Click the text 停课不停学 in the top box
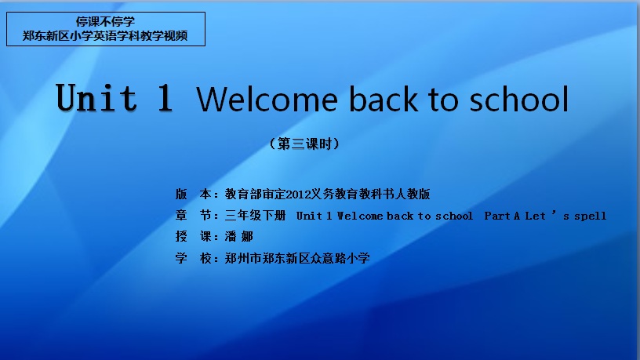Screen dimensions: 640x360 click(105, 21)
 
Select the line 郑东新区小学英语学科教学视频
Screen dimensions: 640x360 click(105, 36)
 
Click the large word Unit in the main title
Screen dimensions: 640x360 click(96, 97)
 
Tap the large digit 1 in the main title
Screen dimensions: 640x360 click(165, 97)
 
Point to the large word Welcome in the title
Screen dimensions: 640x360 click(267, 99)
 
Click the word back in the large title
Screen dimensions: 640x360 click(384, 99)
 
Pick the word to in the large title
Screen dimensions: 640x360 click(443, 100)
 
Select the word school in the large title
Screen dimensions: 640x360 click(518, 99)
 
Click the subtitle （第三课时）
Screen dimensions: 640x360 click(304, 144)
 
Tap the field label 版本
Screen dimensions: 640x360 click(194, 194)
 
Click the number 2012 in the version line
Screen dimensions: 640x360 click(298, 195)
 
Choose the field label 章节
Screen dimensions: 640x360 click(194, 215)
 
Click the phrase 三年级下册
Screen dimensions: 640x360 click(255, 215)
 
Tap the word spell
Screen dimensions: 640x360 click(591, 216)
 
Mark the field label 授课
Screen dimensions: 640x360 click(194, 236)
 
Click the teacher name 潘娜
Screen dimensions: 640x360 click(239, 236)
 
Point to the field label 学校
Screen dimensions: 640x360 click(194, 258)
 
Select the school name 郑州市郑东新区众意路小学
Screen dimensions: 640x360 click(297, 258)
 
